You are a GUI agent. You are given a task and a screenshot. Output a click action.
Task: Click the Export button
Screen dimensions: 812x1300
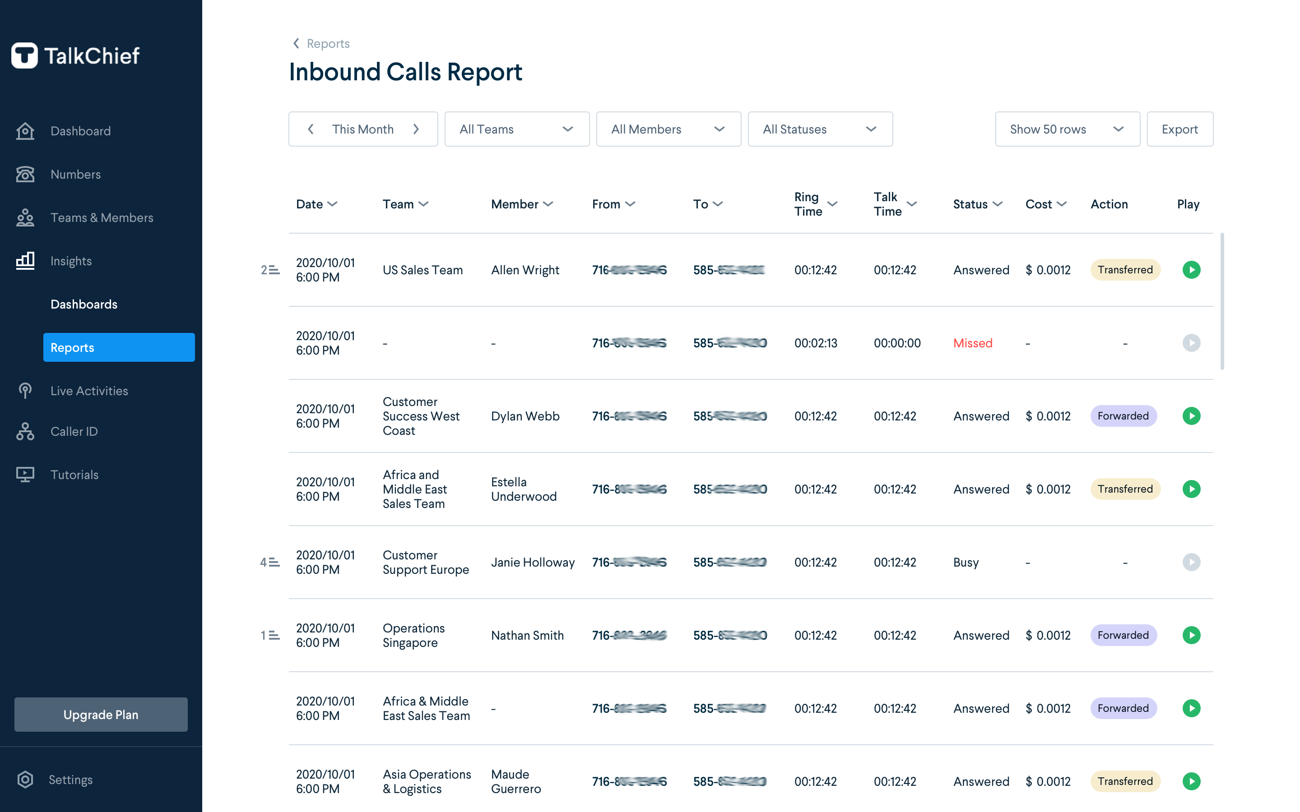click(x=1179, y=129)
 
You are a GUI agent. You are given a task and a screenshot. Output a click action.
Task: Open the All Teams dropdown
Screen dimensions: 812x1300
click(x=516, y=129)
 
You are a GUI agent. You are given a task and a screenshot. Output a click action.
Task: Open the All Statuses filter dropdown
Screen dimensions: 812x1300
click(x=820, y=129)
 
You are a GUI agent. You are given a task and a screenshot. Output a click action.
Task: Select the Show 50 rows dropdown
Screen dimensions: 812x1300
click(x=1067, y=129)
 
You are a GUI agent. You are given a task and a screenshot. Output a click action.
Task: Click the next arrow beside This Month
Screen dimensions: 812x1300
click(x=416, y=129)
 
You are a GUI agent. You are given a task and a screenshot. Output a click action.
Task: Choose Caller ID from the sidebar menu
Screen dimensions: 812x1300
click(x=74, y=431)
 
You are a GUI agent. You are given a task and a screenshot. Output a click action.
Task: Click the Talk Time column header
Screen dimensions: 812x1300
click(x=894, y=204)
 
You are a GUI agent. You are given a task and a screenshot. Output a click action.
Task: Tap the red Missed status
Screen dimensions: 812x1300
click(x=972, y=343)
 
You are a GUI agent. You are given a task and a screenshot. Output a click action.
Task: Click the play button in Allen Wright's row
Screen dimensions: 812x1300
click(x=1191, y=270)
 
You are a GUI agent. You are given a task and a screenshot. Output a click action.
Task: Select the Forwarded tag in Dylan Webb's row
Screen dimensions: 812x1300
click(x=1123, y=416)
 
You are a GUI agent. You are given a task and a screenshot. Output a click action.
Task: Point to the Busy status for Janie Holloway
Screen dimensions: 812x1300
click(x=966, y=562)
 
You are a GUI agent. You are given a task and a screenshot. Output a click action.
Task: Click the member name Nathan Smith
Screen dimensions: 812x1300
click(x=527, y=635)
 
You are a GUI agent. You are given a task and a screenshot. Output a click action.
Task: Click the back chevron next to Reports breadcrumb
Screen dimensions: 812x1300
click(x=296, y=43)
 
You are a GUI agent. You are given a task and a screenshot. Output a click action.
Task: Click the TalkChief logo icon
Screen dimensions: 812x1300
click(x=25, y=55)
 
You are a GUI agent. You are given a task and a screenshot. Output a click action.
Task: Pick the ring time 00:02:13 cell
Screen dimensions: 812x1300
click(x=816, y=343)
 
